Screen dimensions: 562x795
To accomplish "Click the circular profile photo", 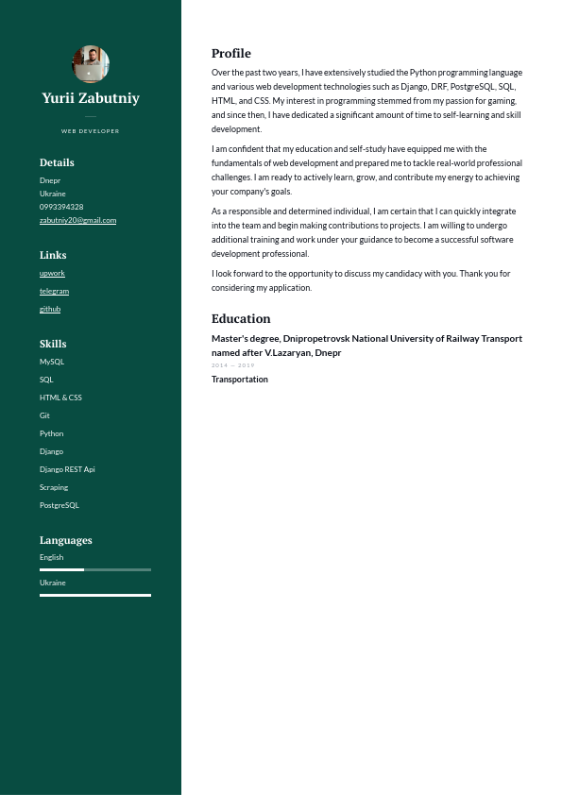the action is tap(91, 64).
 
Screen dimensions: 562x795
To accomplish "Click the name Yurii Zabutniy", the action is tap(91, 98).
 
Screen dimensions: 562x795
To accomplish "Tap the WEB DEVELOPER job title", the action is tap(91, 131).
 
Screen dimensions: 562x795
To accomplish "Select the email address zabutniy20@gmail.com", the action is tap(77, 220).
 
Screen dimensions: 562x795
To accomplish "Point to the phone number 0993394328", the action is tap(61, 207).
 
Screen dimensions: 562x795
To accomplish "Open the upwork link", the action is tap(52, 273).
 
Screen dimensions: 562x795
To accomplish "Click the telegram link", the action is tap(54, 291).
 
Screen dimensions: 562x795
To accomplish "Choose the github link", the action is tap(50, 309).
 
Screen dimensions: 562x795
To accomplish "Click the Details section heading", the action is tap(57, 162).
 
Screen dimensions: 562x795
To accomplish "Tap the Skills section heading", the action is tap(53, 344).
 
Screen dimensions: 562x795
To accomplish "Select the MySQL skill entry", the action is tap(52, 362).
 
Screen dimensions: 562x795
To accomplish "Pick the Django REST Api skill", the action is tap(67, 469).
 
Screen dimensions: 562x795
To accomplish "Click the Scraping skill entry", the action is tap(54, 487).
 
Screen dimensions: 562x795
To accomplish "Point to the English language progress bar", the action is tap(94, 569).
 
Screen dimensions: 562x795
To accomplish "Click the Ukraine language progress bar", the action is tap(94, 595).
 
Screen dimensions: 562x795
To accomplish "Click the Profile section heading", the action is tap(231, 54).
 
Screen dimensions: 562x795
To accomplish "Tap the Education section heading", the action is tap(241, 319).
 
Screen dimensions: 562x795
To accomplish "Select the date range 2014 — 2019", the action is tap(233, 365).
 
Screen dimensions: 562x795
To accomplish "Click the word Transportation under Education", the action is tap(240, 380).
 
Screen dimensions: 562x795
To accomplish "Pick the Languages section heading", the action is tap(66, 540).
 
